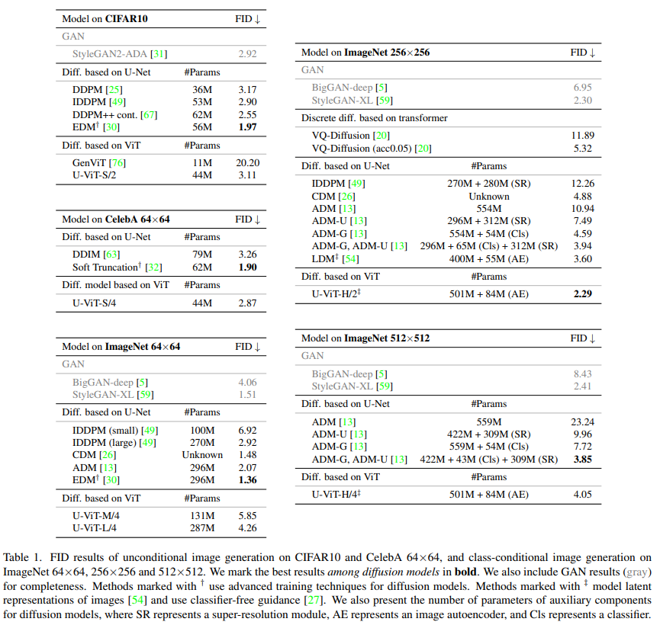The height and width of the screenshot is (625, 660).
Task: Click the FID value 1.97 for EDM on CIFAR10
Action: [x=247, y=126]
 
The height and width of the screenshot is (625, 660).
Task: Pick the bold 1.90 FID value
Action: [x=247, y=268]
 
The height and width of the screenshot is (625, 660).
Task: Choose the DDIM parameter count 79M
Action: [x=202, y=255]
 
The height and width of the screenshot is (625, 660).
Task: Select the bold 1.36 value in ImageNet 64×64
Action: [x=247, y=479]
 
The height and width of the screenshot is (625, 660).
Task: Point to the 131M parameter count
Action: [x=202, y=515]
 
